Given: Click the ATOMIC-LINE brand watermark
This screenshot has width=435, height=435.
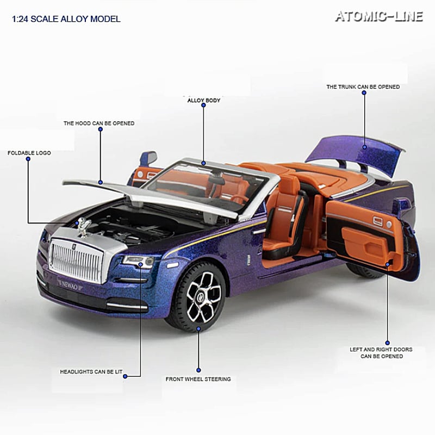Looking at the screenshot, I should click(378, 16).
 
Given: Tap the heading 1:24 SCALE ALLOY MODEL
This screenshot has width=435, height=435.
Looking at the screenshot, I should click(66, 20).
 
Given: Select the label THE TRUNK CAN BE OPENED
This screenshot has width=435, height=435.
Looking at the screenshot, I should click(363, 86).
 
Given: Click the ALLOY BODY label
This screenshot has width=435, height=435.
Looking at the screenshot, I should click(203, 101).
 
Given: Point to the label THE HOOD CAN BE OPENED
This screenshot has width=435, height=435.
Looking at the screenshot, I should click(99, 123).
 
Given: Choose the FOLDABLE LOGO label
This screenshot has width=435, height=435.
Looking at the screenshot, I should click(29, 153).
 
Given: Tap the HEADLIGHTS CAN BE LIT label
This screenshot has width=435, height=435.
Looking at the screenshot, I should click(91, 372).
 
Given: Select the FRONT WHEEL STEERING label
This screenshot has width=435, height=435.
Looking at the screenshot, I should click(198, 379).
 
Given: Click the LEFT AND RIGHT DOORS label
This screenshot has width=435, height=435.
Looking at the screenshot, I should click(381, 353).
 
